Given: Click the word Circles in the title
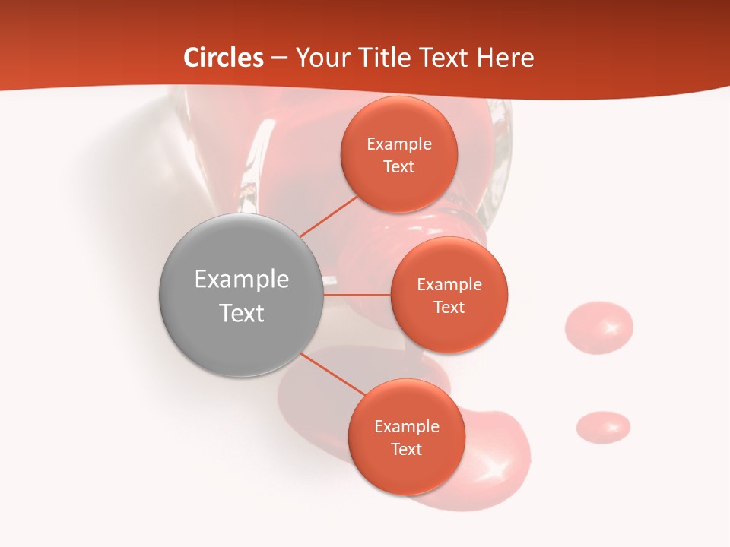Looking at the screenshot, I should click(x=224, y=58).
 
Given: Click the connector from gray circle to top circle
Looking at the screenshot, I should click(x=329, y=217).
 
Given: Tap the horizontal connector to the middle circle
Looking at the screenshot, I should click(x=357, y=295).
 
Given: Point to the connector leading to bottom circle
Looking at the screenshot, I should click(x=332, y=374).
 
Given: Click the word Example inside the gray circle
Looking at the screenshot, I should click(x=242, y=279).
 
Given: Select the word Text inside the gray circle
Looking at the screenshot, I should click(x=242, y=313).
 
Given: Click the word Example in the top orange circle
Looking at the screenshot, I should click(x=399, y=144).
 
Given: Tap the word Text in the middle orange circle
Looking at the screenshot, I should click(x=449, y=307).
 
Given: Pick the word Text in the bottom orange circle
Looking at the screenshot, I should click(x=407, y=449).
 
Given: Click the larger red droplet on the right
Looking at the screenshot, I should click(x=598, y=327).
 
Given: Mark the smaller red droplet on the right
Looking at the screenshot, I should click(x=603, y=427).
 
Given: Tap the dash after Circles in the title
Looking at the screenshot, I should click(x=279, y=58).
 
